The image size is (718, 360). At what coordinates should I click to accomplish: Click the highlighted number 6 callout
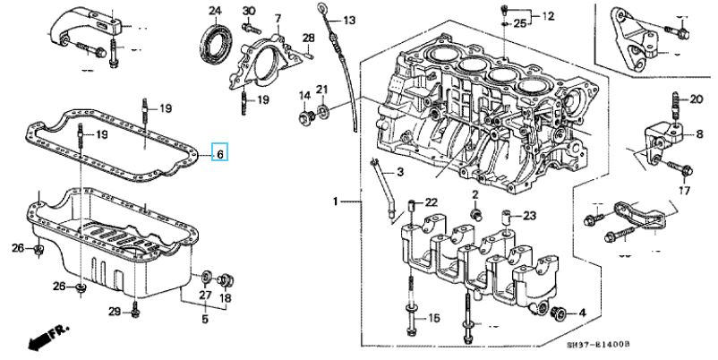220,154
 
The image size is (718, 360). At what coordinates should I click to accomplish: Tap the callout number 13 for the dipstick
349,21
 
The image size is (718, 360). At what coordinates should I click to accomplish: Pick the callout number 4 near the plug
582,313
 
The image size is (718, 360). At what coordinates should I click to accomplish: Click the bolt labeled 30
251,28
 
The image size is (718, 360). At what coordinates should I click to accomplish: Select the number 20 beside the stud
696,99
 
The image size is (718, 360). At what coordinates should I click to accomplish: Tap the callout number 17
684,191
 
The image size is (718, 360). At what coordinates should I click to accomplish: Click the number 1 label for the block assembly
336,201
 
